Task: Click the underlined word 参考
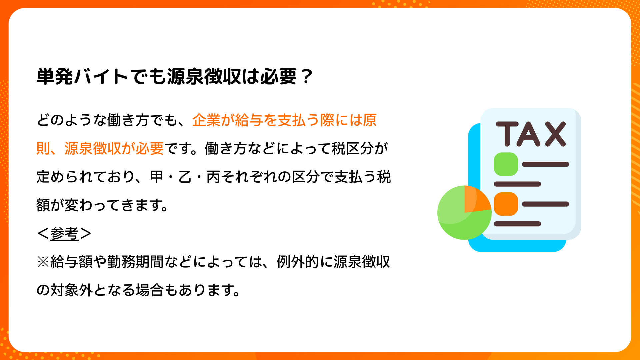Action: (x=64, y=233)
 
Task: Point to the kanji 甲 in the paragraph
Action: (x=156, y=177)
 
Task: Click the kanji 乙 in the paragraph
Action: (x=185, y=177)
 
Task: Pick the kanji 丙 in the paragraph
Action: (x=213, y=177)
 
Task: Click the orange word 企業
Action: (x=206, y=120)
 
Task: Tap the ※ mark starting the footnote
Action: (x=43, y=262)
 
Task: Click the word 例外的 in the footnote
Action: (x=298, y=262)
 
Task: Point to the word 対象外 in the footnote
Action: (x=72, y=290)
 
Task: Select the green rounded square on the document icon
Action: (x=506, y=164)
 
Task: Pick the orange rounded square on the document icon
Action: (x=506, y=204)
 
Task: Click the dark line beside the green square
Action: (x=545, y=164)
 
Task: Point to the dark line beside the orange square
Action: (x=545, y=204)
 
